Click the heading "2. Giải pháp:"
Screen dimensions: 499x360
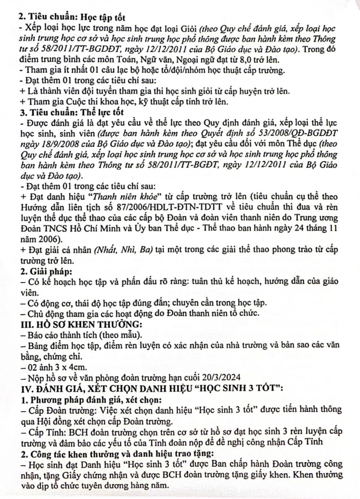(x=46, y=271)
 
